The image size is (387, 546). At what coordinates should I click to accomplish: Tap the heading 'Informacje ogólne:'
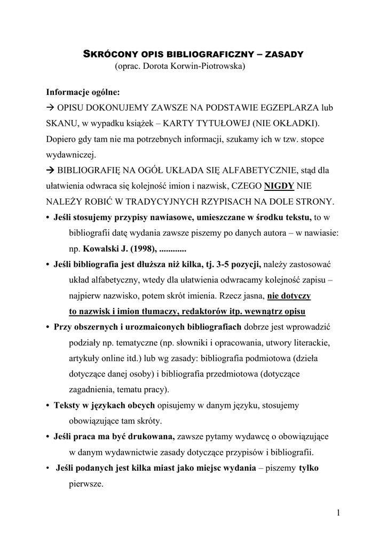(83, 92)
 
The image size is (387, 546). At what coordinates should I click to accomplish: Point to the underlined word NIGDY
(278, 187)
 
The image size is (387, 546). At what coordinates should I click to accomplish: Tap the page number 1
(338, 513)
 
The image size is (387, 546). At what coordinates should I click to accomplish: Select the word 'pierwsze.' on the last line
(86, 484)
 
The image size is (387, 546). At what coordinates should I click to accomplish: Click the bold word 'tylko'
(309, 468)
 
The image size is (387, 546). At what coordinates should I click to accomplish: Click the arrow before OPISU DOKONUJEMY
(51, 107)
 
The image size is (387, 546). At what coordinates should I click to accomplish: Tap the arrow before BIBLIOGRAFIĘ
(51, 171)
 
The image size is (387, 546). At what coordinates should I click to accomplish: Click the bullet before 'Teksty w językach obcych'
(48, 405)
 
